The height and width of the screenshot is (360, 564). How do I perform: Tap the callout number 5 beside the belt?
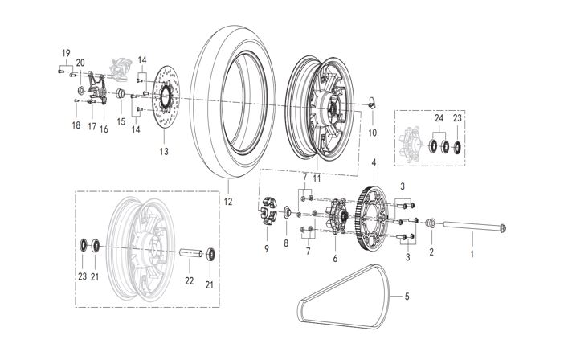407,297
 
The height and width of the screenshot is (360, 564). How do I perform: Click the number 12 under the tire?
227,202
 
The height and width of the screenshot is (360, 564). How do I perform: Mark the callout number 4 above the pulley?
374,163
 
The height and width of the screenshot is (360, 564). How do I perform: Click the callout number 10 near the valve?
372,131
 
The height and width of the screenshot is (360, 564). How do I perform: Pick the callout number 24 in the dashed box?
439,118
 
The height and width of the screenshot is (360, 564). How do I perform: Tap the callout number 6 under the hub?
334,259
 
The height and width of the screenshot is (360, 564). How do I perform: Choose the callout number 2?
431,252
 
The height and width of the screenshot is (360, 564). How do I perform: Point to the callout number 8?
285,242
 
